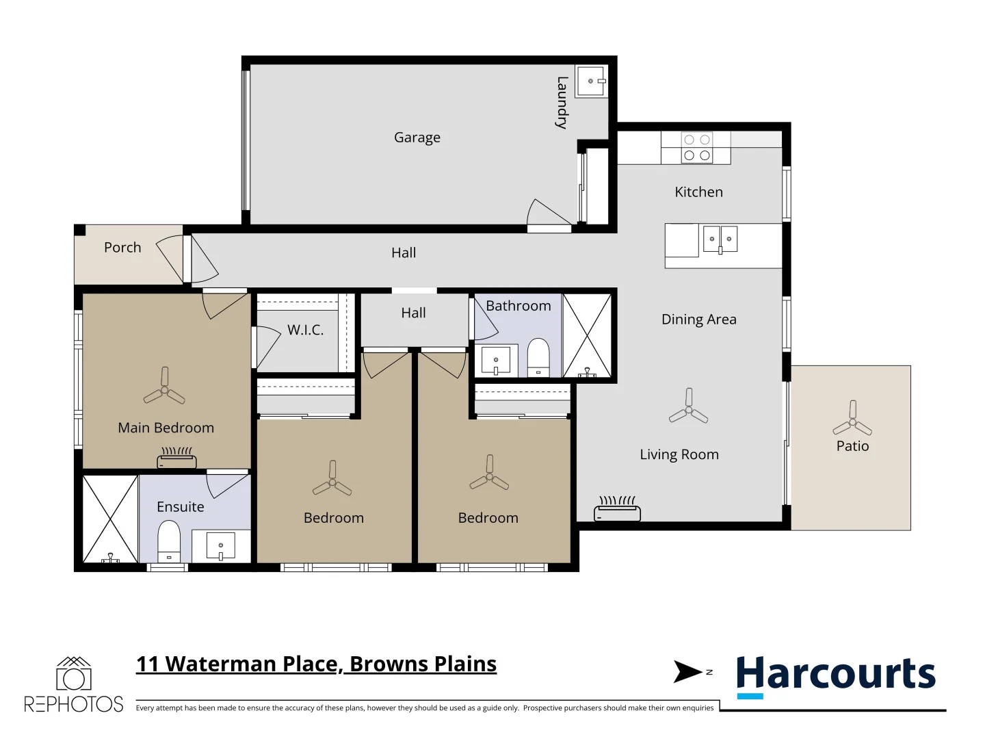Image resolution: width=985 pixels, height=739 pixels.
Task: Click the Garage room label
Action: click(417, 138)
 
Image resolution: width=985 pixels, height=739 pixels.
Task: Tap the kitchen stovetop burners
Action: click(696, 148)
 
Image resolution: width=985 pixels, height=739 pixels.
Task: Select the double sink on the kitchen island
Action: click(720, 239)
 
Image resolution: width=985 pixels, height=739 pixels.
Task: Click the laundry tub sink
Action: click(591, 81)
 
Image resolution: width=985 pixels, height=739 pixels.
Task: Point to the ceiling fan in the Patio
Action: click(852, 419)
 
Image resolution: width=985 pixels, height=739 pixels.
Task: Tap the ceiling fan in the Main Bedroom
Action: click(164, 387)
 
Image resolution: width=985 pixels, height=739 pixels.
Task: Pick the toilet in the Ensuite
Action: click(169, 541)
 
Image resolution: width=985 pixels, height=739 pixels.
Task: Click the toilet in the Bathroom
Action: click(538, 357)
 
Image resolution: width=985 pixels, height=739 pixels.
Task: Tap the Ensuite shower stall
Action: click(110, 519)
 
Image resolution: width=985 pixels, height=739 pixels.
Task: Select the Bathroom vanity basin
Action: click(496, 360)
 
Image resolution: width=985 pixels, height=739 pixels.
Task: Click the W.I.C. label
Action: click(305, 330)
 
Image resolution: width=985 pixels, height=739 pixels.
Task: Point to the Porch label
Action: click(122, 248)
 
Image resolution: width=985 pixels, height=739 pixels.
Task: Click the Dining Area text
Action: click(698, 320)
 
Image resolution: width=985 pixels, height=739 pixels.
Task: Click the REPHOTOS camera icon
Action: click(73, 675)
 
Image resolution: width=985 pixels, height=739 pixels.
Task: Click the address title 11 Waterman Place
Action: click(316, 664)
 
